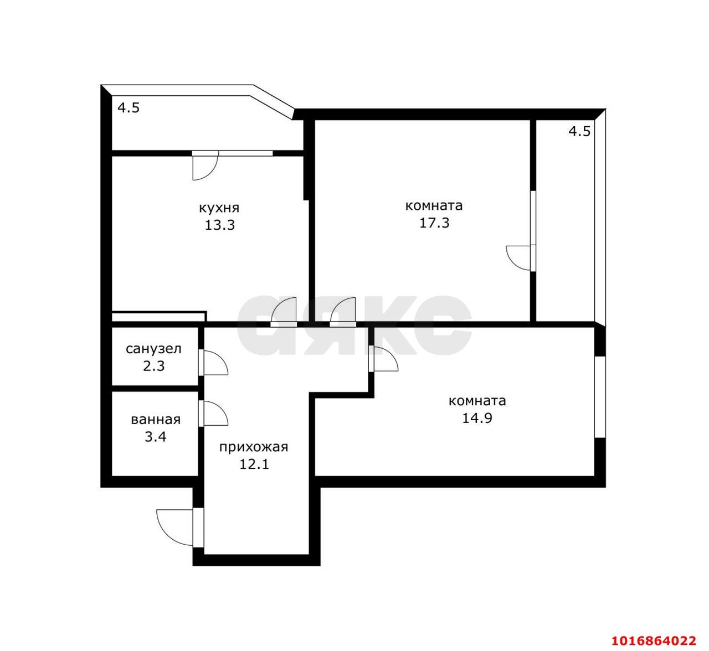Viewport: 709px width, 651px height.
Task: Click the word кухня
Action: point(219,208)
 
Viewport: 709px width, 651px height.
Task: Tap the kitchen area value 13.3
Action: point(220,225)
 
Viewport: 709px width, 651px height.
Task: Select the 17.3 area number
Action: point(434,223)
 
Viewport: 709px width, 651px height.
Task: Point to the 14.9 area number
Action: point(477,418)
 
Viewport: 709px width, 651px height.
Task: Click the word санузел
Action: point(153,349)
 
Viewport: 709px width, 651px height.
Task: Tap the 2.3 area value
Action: point(154,366)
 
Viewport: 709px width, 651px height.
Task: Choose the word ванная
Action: point(156,420)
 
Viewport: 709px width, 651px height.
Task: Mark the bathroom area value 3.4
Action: point(156,437)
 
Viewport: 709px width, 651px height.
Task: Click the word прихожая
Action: point(254,447)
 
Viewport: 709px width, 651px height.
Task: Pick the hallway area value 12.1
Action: point(254,464)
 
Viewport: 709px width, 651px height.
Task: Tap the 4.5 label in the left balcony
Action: point(129,108)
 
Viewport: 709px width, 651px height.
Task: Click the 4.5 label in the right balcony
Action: point(579,131)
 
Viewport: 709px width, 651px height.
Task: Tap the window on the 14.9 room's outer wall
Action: point(600,397)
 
